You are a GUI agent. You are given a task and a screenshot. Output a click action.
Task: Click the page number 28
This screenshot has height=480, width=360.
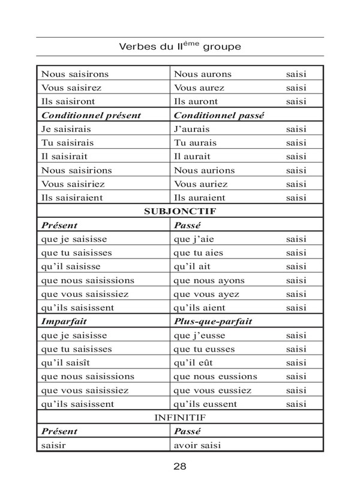click(x=179, y=466)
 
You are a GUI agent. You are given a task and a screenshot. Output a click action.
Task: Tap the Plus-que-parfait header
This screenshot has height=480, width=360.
click(x=212, y=322)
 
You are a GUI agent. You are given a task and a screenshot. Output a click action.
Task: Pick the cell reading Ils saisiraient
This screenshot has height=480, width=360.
click(x=73, y=197)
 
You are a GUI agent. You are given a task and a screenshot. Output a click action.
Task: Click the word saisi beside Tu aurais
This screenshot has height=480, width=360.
click(x=296, y=142)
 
